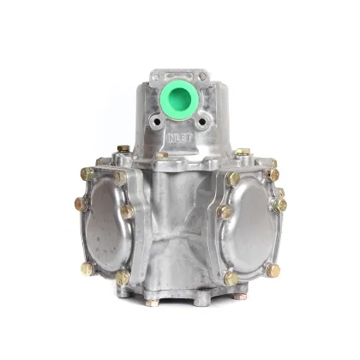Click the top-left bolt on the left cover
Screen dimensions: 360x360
tap(87, 174)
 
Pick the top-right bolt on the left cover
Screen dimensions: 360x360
tap(119, 178)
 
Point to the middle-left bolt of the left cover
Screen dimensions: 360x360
tap(80, 204)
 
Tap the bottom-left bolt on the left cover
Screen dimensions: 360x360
tap(87, 268)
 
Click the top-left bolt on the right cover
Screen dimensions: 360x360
tap(232, 178)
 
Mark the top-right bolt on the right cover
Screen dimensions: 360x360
tap(272, 174)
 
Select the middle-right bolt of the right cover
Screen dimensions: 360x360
tap(279, 205)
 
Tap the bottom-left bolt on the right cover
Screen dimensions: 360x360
tap(231, 278)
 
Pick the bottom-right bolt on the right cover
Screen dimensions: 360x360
tap(273, 270)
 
